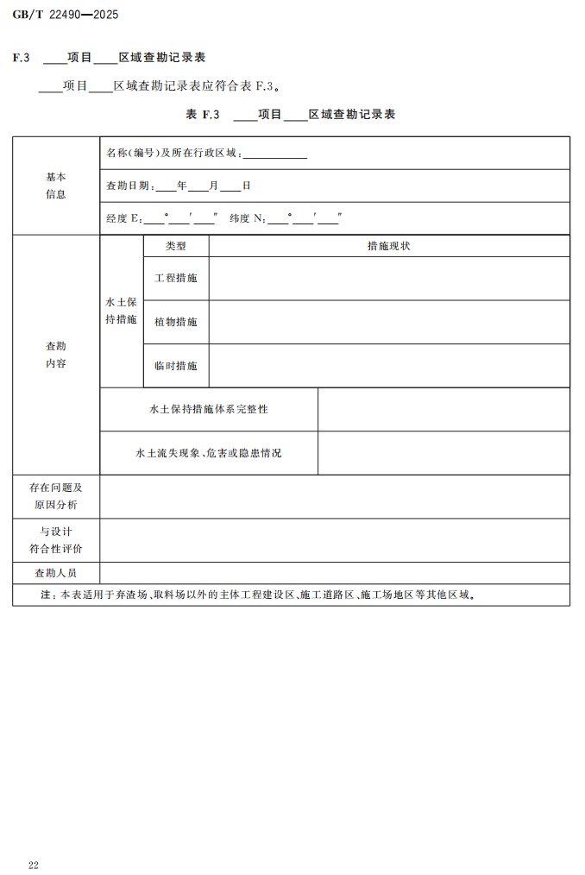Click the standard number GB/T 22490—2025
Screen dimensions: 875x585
tap(66, 15)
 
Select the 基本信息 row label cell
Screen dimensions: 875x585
tap(56, 186)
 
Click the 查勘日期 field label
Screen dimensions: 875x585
tap(129, 186)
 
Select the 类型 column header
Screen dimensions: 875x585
tap(176, 246)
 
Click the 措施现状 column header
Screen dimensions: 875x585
tap(388, 246)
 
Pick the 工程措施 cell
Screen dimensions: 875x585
tap(176, 279)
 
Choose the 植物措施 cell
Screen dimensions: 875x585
tap(176, 322)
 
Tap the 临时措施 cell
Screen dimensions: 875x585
tap(176, 366)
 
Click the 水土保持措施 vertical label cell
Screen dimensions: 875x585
tap(121, 312)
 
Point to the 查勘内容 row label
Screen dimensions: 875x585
tap(56, 355)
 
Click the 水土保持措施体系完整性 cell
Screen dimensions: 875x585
tap(209, 409)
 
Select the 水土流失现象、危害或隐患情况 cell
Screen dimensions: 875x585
tap(209, 453)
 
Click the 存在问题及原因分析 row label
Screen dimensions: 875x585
tap(56, 496)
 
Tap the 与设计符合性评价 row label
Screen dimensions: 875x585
tap(56, 540)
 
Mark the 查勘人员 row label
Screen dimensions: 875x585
tap(56, 573)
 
